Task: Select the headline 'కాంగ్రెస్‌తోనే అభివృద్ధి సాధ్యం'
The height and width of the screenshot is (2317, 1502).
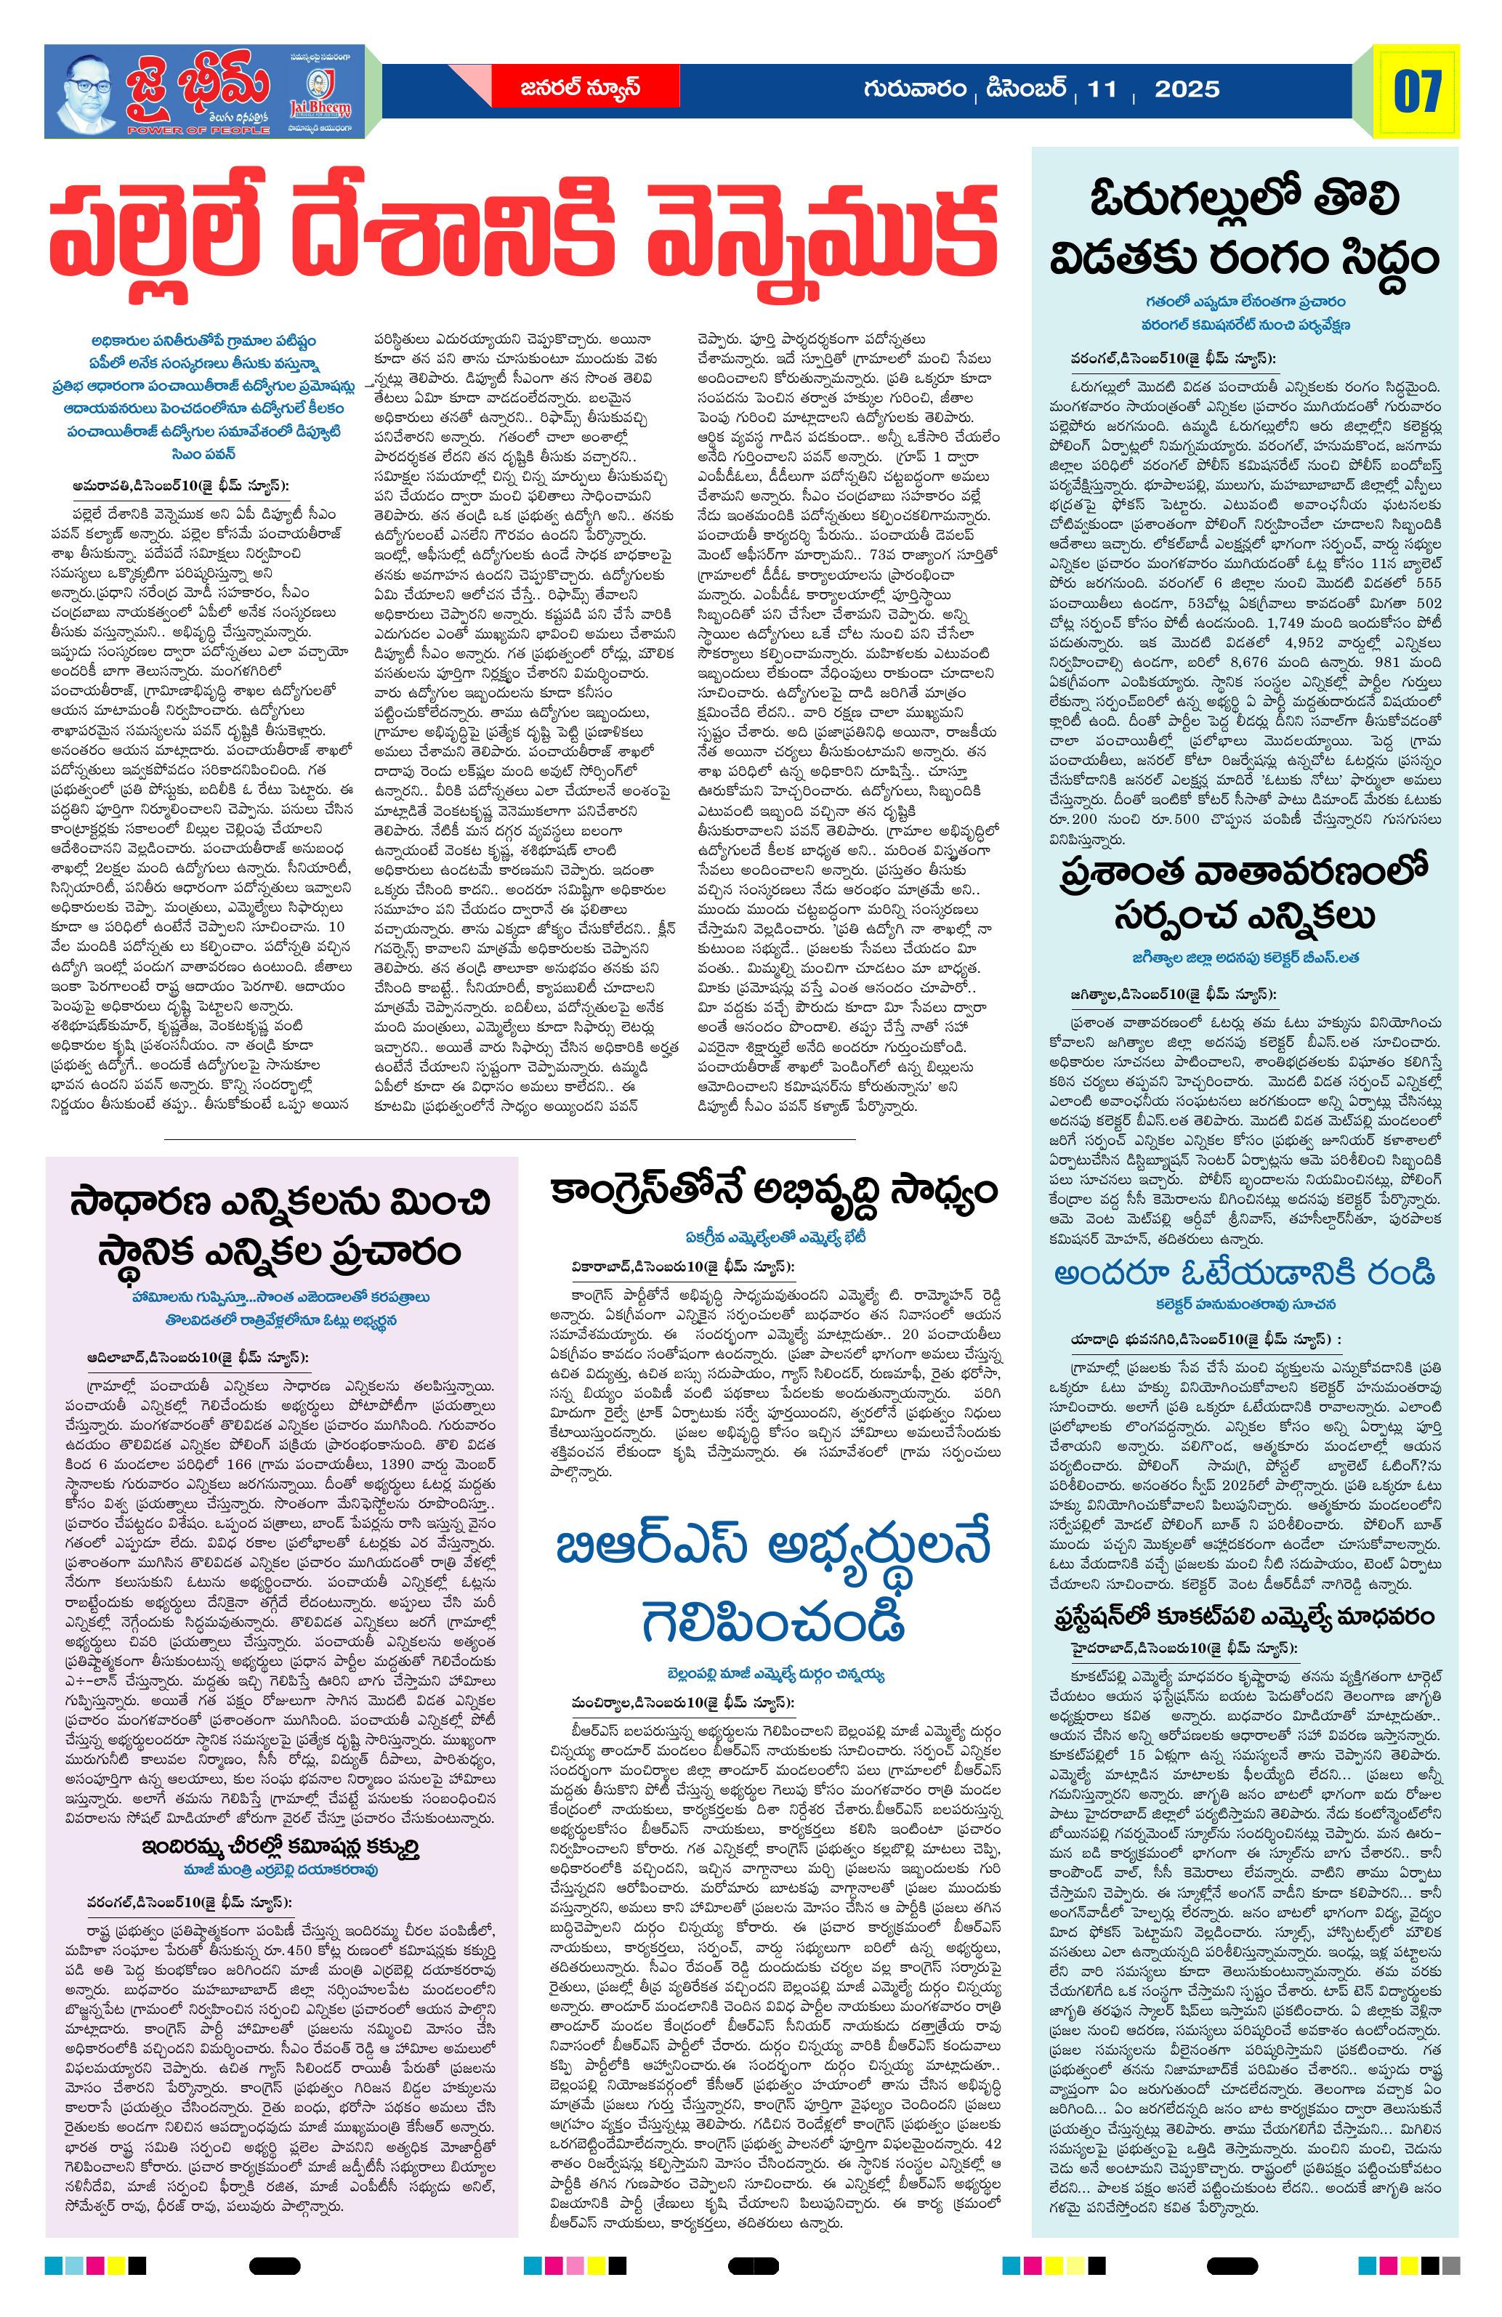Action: point(773,1192)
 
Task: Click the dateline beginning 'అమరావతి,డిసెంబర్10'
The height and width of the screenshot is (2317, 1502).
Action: point(180,485)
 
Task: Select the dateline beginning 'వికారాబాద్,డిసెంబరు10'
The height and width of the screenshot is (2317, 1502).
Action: point(682,1266)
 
